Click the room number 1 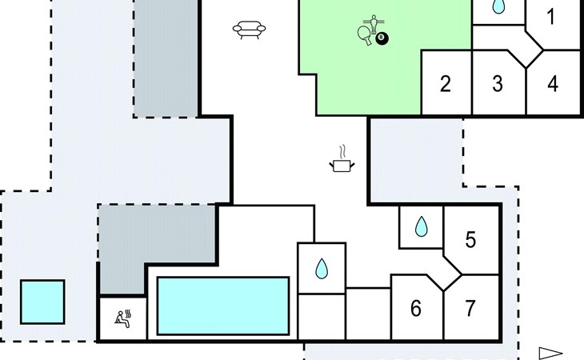[x=550, y=17]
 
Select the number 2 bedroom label [x=446, y=83]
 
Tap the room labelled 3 [x=498, y=83]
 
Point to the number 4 [x=553, y=83]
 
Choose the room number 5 [x=470, y=239]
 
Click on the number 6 [x=415, y=309]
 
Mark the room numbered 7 [x=470, y=308]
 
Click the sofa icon [x=249, y=30]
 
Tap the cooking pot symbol [x=342, y=165]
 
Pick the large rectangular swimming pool [x=223, y=306]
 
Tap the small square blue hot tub [x=42, y=302]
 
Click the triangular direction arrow [x=550, y=353]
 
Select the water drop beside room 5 [x=421, y=227]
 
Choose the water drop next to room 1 [x=498, y=6]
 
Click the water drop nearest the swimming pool [x=322, y=269]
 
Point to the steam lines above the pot [x=342, y=150]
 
